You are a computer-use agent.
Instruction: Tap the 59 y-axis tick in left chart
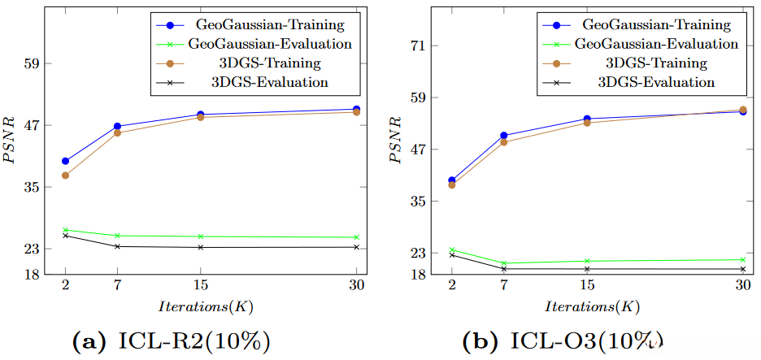tap(33, 63)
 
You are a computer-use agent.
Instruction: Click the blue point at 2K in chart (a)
tap(65, 161)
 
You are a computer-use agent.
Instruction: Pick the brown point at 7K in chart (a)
tap(117, 132)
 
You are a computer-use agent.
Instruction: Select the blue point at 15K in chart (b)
tap(586, 119)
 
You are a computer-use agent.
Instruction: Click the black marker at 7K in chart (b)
tap(503, 269)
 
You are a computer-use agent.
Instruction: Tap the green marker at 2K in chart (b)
tap(451, 250)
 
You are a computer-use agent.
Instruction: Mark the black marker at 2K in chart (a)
tap(65, 236)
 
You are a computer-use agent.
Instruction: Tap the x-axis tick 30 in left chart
tap(356, 285)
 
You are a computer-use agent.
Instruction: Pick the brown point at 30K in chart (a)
tap(356, 112)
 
